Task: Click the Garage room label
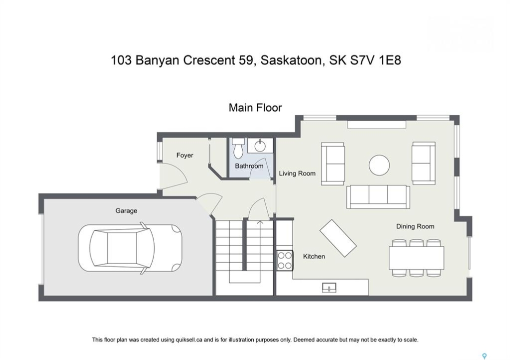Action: click(x=126, y=211)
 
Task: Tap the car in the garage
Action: click(x=130, y=248)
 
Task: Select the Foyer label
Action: click(x=185, y=155)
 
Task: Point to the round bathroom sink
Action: click(x=260, y=145)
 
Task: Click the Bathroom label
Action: click(x=249, y=166)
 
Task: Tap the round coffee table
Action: click(x=379, y=165)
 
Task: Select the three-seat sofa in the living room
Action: click(x=378, y=197)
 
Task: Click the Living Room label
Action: click(x=297, y=173)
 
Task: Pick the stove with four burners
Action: click(x=285, y=260)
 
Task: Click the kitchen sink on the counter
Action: click(x=329, y=288)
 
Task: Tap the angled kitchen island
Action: click(x=338, y=238)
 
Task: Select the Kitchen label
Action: click(x=314, y=256)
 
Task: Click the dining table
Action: click(x=416, y=258)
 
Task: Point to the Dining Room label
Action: click(x=415, y=226)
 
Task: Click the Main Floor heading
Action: click(x=255, y=107)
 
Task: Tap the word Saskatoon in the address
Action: click(x=291, y=60)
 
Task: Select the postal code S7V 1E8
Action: click(x=375, y=60)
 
